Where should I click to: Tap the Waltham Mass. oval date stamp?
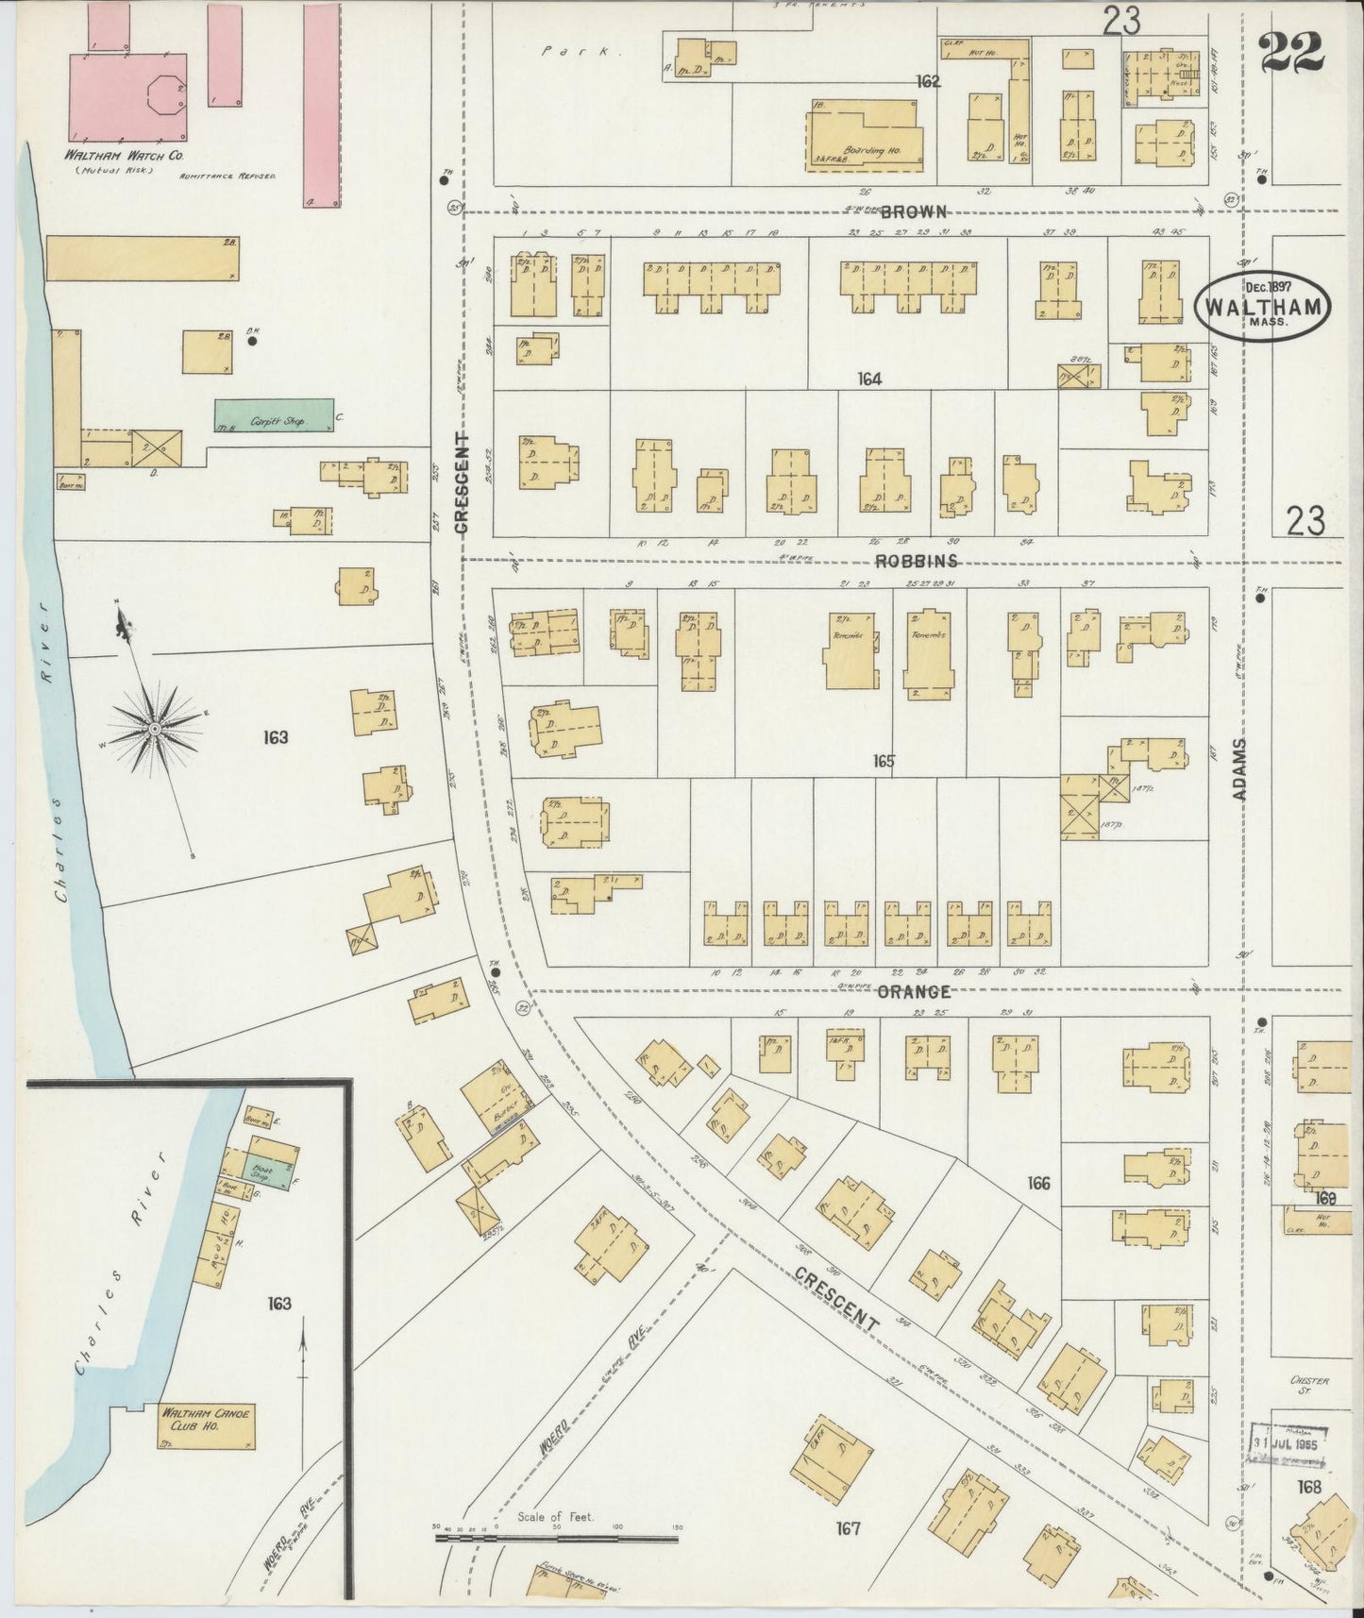(x=1264, y=302)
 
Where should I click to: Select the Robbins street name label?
(x=916, y=561)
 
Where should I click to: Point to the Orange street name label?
(x=913, y=992)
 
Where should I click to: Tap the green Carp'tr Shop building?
(x=274, y=415)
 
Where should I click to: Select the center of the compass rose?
(x=153, y=729)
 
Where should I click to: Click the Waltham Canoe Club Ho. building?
(x=207, y=1424)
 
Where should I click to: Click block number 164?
(x=868, y=379)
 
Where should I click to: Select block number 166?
(x=1037, y=1183)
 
